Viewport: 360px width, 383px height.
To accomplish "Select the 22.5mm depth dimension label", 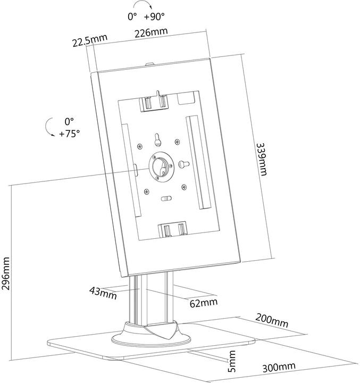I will click(x=90, y=39).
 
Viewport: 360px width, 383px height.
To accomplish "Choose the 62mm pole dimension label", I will click(x=203, y=303).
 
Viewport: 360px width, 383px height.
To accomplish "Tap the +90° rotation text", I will click(x=155, y=16).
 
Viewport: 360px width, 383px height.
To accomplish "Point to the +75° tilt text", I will click(x=70, y=133).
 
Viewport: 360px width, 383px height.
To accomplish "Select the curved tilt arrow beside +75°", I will click(x=49, y=127).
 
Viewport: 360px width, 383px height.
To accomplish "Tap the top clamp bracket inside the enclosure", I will click(x=154, y=102).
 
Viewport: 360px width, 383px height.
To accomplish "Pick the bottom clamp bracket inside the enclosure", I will click(x=173, y=230).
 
